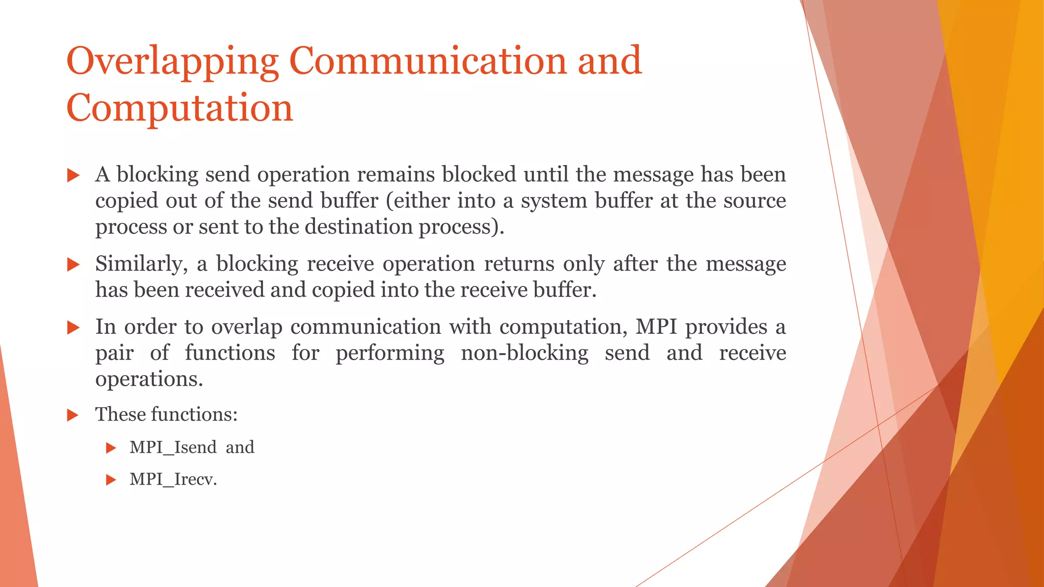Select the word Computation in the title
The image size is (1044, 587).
click(179, 109)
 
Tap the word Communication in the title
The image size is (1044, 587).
click(428, 61)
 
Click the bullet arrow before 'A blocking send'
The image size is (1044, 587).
click(73, 176)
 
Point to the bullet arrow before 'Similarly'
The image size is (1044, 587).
click(73, 264)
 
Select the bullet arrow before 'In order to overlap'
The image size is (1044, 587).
click(73, 328)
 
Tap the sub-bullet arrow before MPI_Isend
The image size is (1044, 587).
click(111, 448)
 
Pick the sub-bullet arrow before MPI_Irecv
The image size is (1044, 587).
click(111, 480)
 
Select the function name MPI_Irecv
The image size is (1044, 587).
click(172, 479)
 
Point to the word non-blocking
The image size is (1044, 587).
click(525, 353)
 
